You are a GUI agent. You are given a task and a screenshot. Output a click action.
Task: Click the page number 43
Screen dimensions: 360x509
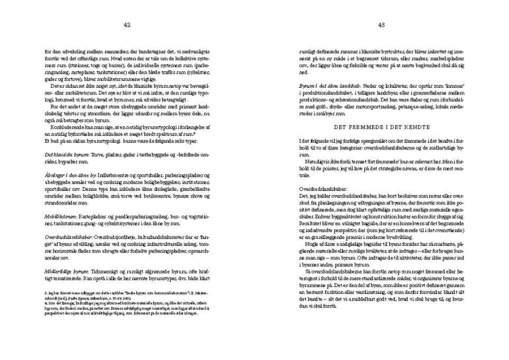click(381, 24)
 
